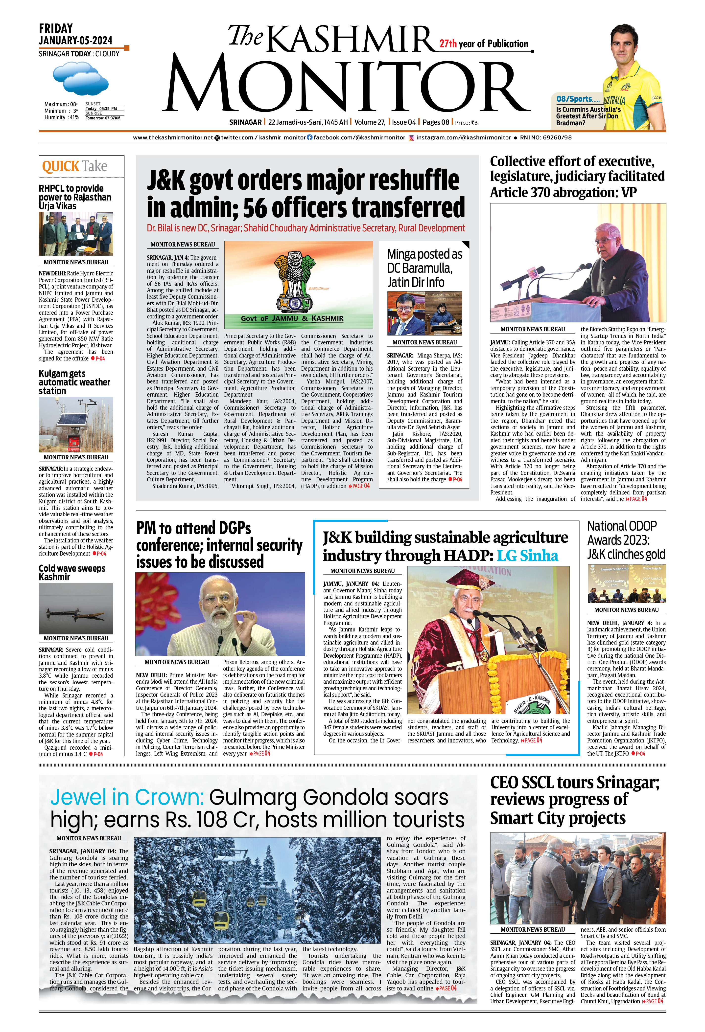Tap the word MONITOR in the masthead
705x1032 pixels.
[348, 86]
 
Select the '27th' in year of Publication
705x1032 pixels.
[448, 44]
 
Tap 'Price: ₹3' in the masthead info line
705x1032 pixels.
[466, 123]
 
